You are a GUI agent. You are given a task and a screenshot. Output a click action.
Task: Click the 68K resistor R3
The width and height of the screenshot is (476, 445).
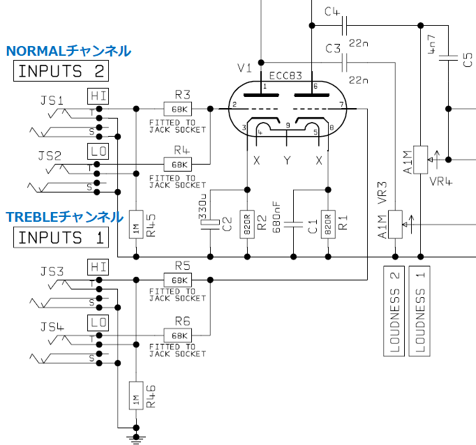pyautogui.click(x=177, y=109)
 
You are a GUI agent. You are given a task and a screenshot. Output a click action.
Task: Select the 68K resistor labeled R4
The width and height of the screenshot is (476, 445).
pyautogui.click(x=177, y=165)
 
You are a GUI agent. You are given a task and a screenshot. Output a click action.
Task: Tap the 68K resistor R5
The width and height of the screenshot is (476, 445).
pyautogui.click(x=177, y=280)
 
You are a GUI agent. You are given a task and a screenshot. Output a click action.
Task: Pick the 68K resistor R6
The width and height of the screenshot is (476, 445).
pyautogui.click(x=177, y=335)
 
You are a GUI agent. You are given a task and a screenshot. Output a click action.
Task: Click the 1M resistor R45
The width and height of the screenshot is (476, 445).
pyautogui.click(x=136, y=224)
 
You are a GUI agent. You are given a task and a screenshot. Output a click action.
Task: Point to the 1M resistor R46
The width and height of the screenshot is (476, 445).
pyautogui.click(x=136, y=395)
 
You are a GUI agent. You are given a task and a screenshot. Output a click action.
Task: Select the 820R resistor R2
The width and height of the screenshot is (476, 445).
pyautogui.click(x=247, y=224)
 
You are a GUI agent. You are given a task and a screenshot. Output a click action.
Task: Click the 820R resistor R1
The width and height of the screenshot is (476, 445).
pyautogui.click(x=328, y=224)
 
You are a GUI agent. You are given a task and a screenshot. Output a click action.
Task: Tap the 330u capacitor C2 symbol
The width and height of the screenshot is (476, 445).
pyautogui.click(x=210, y=224)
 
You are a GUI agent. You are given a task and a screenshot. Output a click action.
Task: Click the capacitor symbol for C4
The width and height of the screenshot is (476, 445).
pyautogui.click(x=344, y=26)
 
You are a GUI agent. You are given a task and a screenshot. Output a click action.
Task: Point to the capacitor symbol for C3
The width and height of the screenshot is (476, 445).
pyautogui.click(x=344, y=63)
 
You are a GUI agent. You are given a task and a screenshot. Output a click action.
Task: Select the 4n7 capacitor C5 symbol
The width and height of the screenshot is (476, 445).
pyautogui.click(x=448, y=58)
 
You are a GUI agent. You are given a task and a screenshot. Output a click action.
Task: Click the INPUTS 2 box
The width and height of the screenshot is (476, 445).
pyautogui.click(x=61, y=71)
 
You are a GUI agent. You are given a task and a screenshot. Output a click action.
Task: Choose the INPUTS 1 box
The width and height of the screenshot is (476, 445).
pyautogui.click(x=61, y=237)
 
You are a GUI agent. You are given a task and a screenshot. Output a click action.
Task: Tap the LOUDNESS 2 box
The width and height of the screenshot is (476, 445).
pyautogui.click(x=394, y=311)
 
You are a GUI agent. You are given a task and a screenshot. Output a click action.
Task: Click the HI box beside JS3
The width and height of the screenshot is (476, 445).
pyautogui.click(x=98, y=267)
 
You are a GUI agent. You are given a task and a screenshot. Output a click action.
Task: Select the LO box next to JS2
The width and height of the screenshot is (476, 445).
pyautogui.click(x=98, y=151)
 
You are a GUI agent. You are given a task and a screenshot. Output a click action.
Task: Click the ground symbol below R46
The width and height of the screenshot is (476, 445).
pyautogui.click(x=136, y=439)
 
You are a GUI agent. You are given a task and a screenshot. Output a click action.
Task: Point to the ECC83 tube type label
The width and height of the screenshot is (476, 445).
pyautogui.click(x=285, y=75)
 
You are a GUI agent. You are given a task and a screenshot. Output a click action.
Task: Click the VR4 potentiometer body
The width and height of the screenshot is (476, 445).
pyautogui.click(x=420, y=160)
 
